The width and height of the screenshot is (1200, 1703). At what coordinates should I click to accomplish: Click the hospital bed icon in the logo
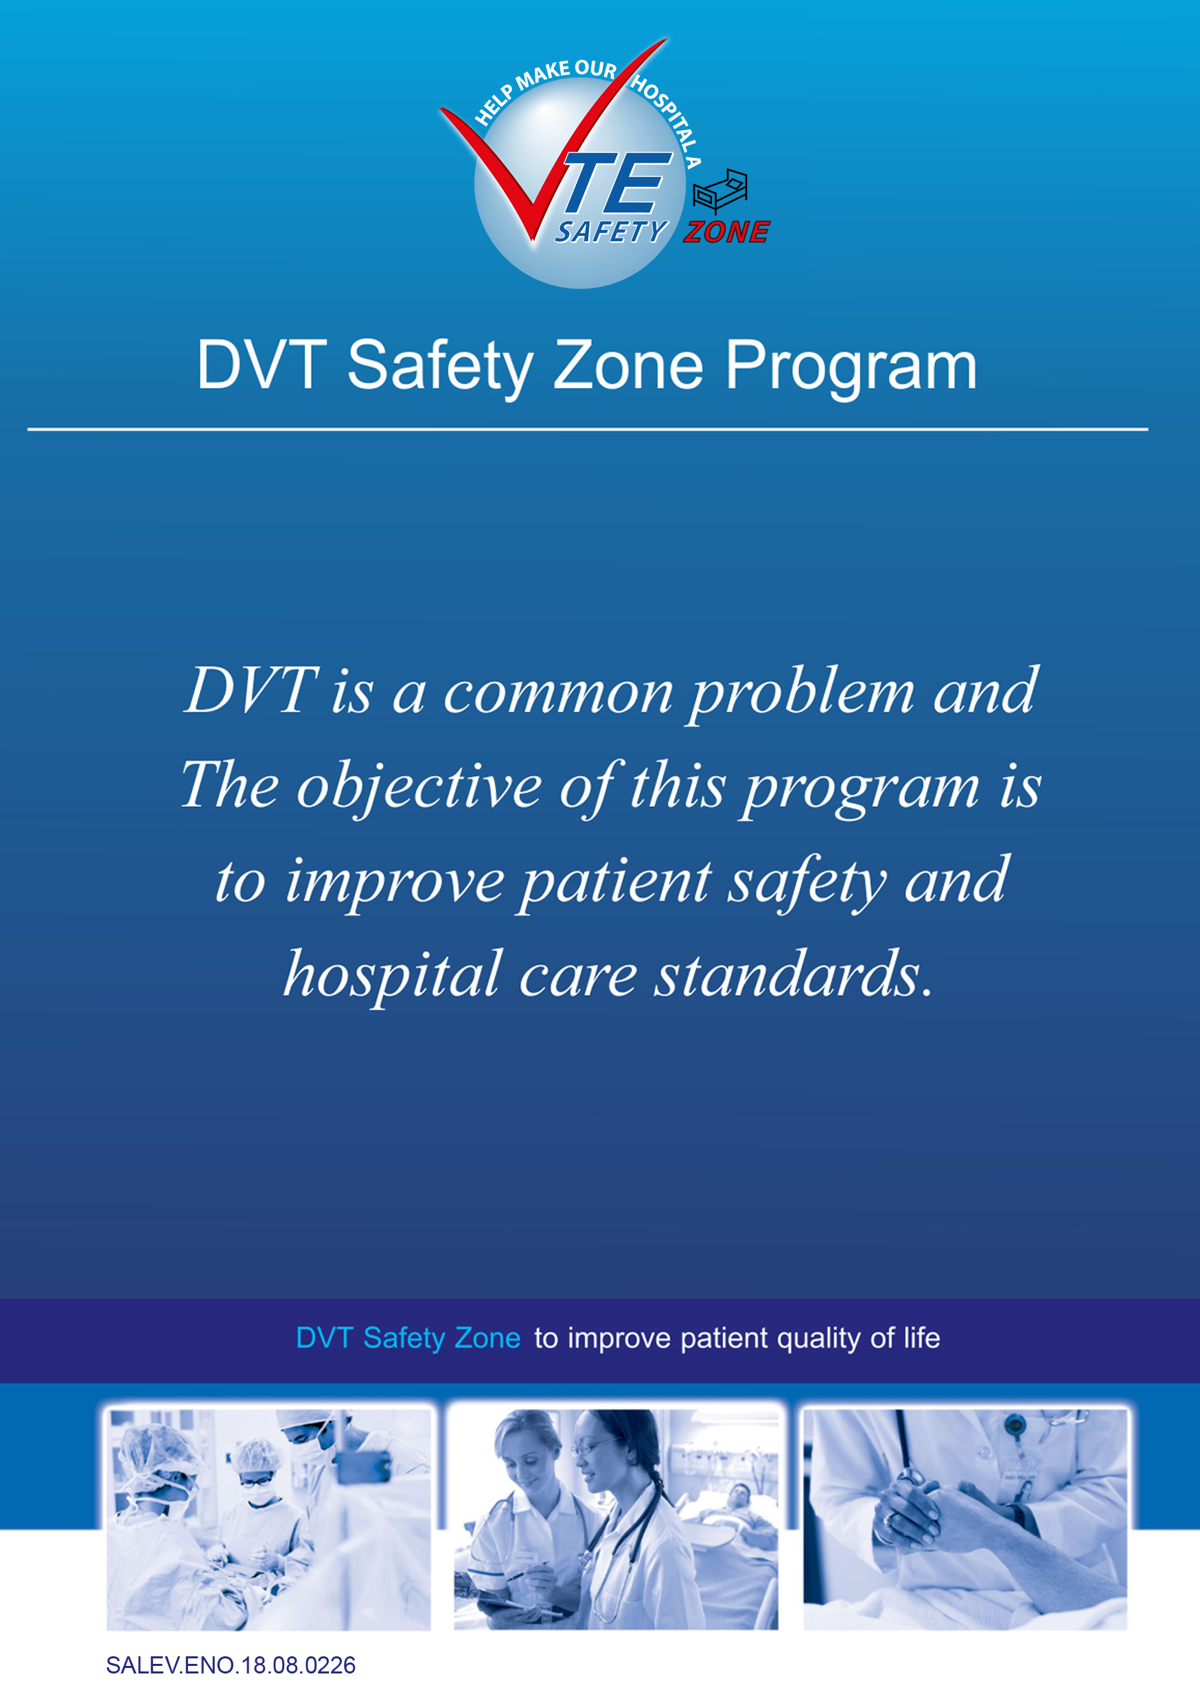click(719, 191)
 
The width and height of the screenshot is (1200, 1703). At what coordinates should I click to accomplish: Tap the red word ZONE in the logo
click(727, 232)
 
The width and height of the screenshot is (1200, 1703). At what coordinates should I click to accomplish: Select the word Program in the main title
click(851, 367)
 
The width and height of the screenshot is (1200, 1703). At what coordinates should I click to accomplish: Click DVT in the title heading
click(261, 364)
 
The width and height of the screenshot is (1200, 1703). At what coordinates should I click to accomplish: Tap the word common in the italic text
click(557, 694)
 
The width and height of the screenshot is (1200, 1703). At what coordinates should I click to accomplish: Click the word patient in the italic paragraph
click(615, 882)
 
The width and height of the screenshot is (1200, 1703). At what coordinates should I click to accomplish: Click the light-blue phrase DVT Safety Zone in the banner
click(408, 1338)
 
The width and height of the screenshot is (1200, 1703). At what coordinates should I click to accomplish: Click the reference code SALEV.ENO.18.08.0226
click(231, 1665)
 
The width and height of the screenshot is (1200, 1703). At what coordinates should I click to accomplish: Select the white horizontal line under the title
click(588, 428)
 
